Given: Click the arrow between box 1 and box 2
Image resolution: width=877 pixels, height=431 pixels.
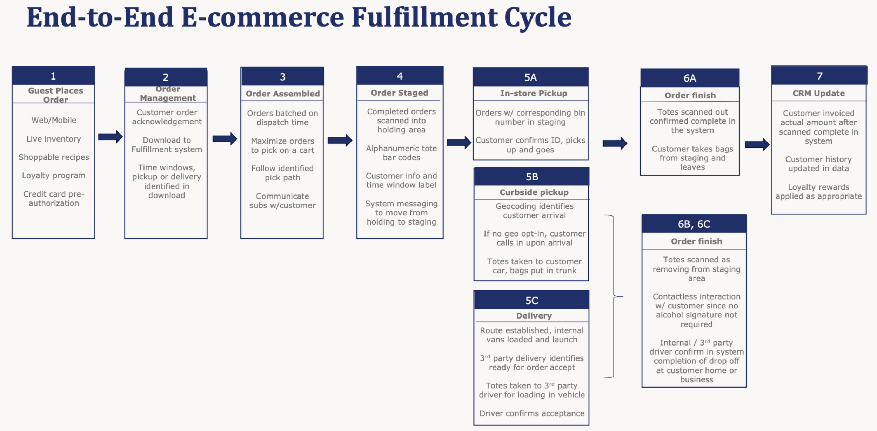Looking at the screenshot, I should pyautogui.click(x=110, y=137).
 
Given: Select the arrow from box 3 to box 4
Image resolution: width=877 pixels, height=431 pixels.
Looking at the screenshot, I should pyautogui.click(x=339, y=141).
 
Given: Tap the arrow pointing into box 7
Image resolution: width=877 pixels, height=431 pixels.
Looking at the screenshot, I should pyautogui.click(x=757, y=144).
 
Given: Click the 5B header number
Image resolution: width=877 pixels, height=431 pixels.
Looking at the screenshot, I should pyautogui.click(x=531, y=177).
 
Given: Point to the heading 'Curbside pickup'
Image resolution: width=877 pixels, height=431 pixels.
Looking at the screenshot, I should pyautogui.click(x=534, y=192).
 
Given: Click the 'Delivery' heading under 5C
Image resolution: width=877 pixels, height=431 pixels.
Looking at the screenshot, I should pyautogui.click(x=534, y=316).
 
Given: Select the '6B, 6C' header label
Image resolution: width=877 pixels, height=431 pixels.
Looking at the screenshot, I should pyautogui.click(x=694, y=224).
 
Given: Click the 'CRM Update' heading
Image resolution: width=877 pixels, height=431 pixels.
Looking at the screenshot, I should pyautogui.click(x=818, y=94).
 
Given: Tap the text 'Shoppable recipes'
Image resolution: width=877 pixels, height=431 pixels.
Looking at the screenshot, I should pyautogui.click(x=54, y=157).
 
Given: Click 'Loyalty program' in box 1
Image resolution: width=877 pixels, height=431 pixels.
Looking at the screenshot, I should pyautogui.click(x=54, y=176).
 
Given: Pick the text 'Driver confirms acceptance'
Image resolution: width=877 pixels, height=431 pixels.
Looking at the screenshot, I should pyautogui.click(x=531, y=413).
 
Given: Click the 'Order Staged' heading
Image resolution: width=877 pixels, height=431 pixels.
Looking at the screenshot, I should pyautogui.click(x=399, y=93).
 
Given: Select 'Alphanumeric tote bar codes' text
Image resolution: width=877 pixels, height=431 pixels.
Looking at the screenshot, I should pyautogui.click(x=401, y=153).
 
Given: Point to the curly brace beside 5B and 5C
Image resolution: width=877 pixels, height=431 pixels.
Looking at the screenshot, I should pyautogui.click(x=614, y=296).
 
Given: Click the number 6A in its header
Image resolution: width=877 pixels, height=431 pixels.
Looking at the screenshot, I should pyautogui.click(x=689, y=78).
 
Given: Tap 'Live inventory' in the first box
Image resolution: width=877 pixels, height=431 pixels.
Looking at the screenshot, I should pyautogui.click(x=54, y=139).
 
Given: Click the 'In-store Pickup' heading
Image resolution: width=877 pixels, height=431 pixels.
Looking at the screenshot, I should pyautogui.click(x=533, y=94).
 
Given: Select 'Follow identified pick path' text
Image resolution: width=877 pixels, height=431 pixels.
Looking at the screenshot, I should pyautogui.click(x=282, y=173).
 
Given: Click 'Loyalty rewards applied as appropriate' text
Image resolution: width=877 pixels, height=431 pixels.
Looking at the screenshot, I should pyautogui.click(x=818, y=192).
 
